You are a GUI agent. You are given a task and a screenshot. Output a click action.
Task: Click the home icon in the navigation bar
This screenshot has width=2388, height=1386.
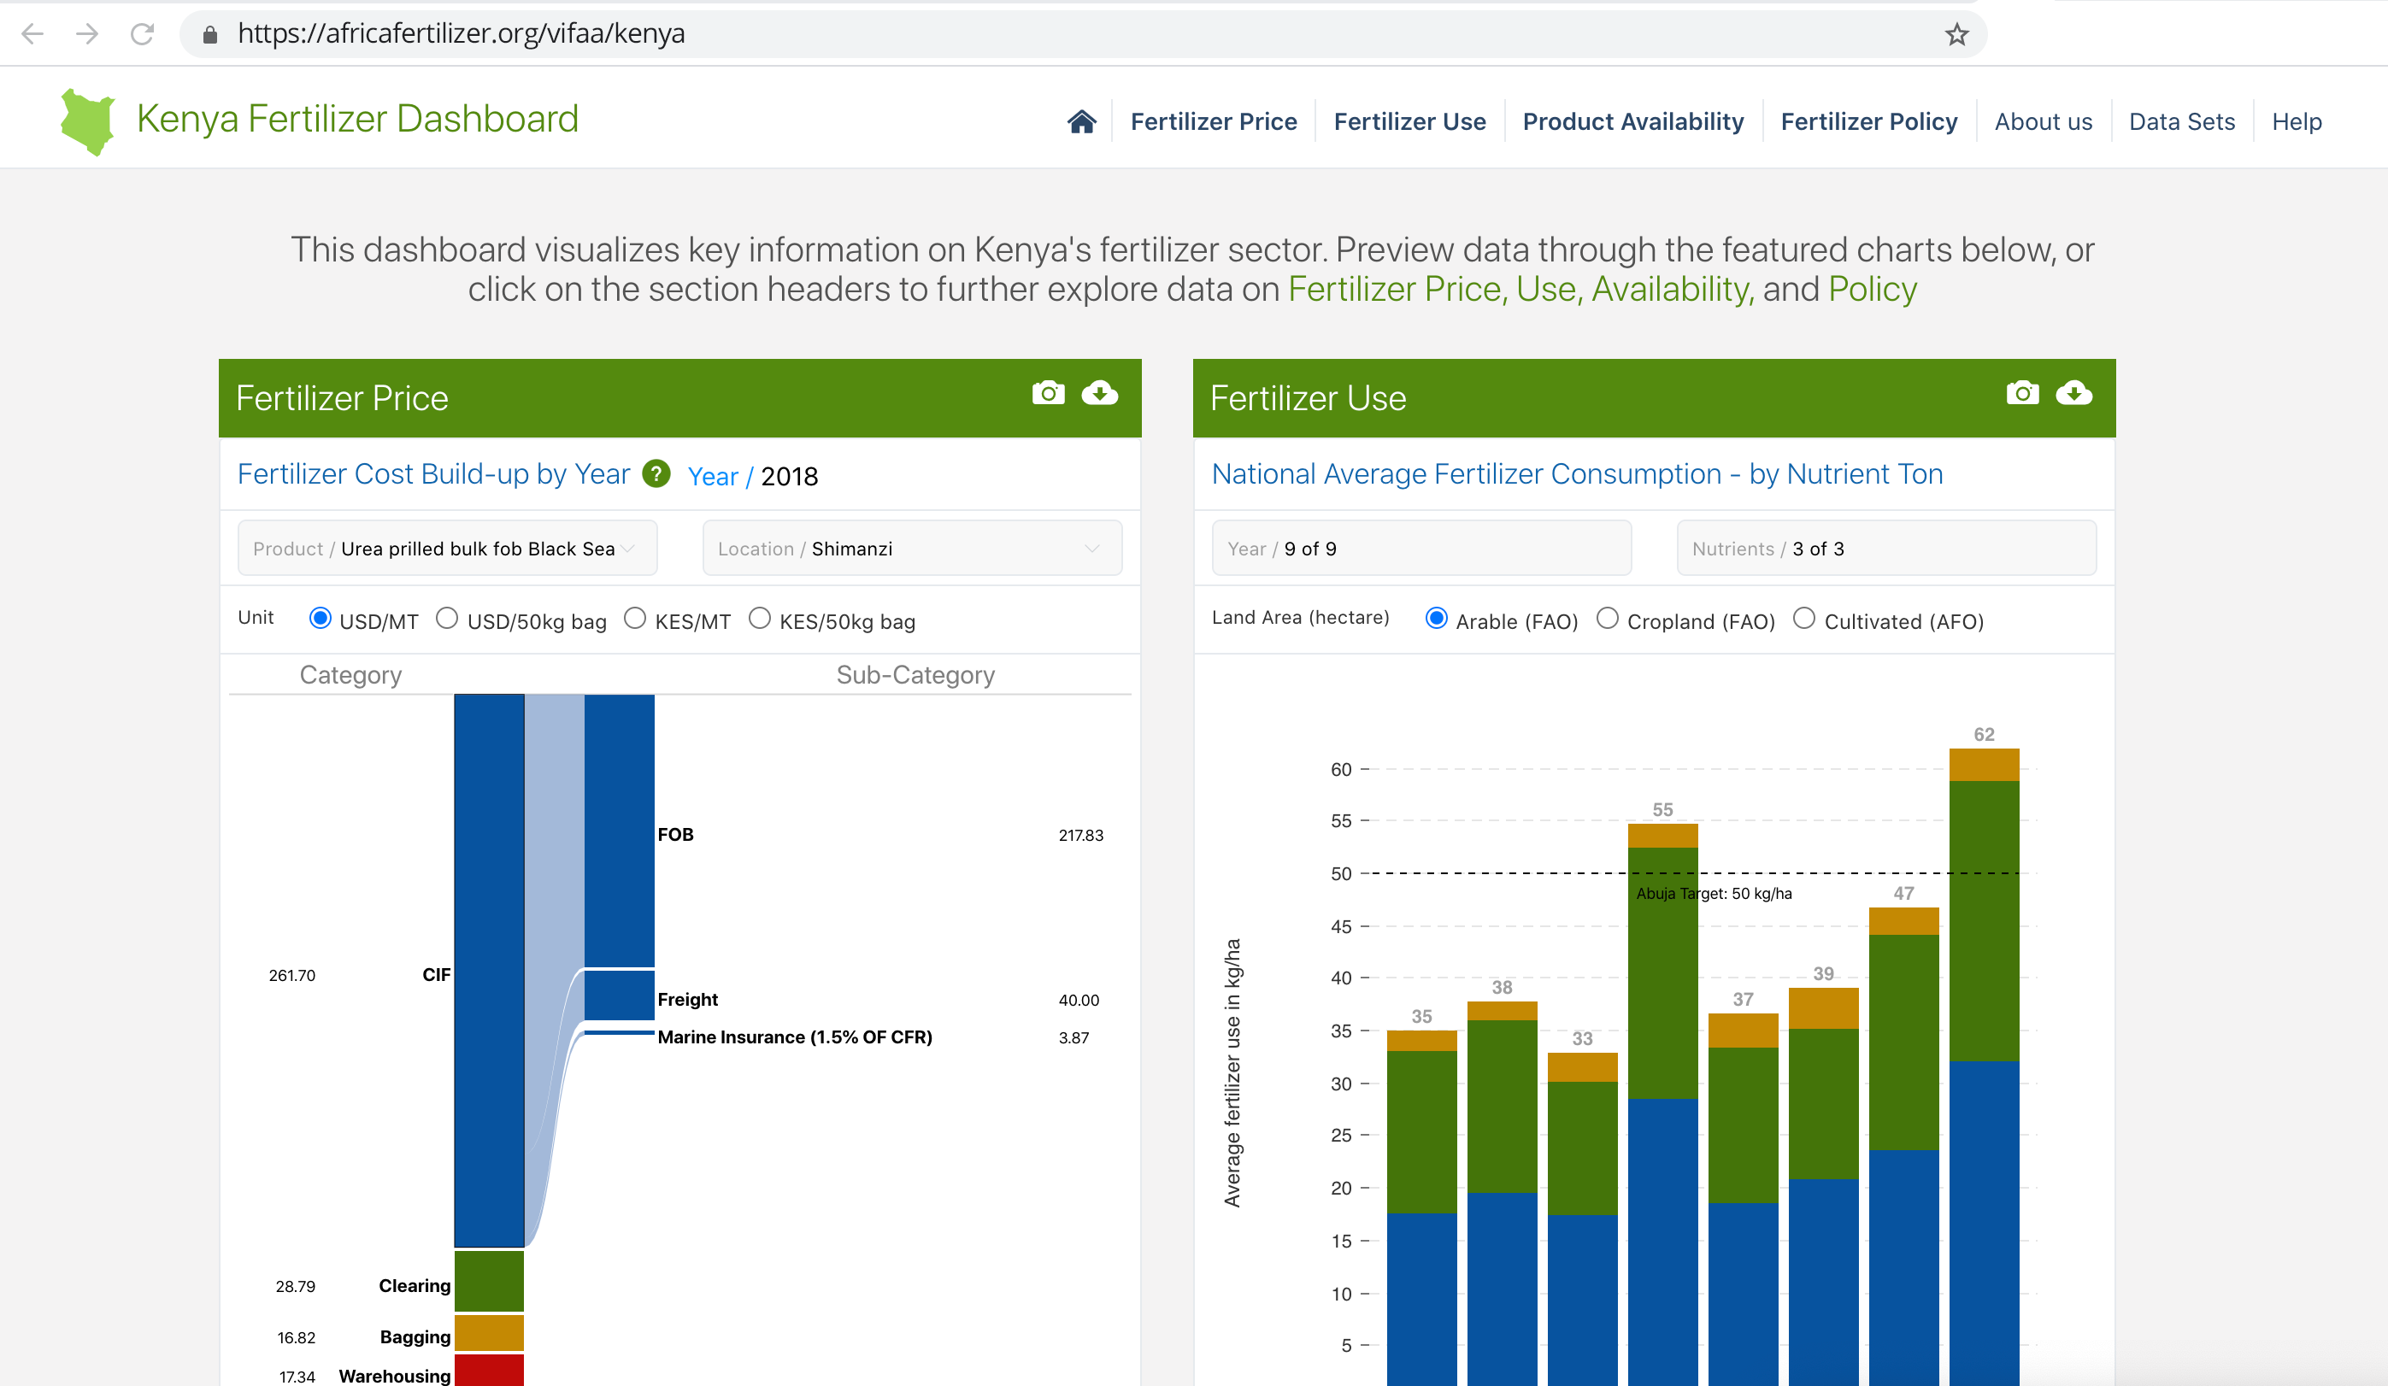tap(1081, 121)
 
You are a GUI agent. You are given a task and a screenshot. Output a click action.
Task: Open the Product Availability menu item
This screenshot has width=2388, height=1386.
tap(1632, 121)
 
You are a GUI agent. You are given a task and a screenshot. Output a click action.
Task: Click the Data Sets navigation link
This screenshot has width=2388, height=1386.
tap(2180, 121)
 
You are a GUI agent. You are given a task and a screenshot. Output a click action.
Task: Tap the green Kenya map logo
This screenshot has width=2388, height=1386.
tap(87, 121)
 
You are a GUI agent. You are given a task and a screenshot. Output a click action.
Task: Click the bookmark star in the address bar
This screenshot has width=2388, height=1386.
tap(1956, 35)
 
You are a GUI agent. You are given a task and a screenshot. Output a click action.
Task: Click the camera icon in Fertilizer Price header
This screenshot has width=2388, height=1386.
tap(1047, 393)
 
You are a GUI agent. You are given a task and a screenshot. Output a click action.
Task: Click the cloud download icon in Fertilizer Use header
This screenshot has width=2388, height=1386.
tap(2073, 393)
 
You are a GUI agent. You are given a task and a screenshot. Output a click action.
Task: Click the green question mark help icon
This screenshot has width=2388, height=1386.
tap(656, 473)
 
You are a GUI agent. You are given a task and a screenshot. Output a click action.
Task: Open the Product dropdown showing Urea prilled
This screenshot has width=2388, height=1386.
tap(447, 549)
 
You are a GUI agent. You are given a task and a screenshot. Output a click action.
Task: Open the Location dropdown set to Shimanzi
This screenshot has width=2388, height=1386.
tap(912, 549)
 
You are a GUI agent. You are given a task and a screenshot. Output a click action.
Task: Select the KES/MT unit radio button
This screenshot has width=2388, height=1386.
tap(635, 619)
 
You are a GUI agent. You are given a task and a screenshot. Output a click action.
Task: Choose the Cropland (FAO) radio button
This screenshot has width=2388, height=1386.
tap(1607, 619)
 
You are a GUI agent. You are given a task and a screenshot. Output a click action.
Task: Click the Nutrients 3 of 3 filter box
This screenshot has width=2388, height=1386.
tap(1885, 549)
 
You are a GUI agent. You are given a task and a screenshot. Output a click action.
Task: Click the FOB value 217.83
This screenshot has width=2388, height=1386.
tap(1080, 836)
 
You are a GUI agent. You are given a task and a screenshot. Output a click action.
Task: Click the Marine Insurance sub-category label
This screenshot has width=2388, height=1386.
tap(794, 1037)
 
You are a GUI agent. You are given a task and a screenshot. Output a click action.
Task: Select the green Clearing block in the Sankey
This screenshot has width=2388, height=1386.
tap(489, 1281)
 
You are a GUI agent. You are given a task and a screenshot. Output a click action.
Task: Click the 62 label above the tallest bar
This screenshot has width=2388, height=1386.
tap(1984, 734)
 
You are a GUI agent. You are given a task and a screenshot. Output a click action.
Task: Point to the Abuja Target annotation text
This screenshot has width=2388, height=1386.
tap(1714, 893)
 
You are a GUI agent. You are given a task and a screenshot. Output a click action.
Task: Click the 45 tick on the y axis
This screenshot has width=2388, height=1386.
tap(1341, 926)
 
